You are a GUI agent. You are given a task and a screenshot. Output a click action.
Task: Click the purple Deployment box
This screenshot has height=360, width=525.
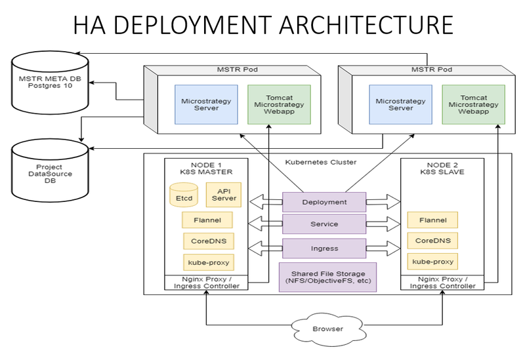click(324, 202)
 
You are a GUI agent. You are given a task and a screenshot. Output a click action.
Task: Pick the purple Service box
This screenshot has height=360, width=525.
click(324, 224)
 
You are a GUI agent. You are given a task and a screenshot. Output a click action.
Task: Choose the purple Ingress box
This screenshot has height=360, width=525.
click(324, 249)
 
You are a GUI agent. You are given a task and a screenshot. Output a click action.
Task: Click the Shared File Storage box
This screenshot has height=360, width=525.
click(323, 276)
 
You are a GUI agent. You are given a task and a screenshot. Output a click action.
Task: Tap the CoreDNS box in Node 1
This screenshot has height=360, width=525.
click(207, 241)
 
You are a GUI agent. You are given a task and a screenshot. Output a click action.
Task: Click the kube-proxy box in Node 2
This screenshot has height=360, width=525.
click(432, 261)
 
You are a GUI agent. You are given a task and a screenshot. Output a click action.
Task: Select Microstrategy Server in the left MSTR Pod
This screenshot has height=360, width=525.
click(205, 104)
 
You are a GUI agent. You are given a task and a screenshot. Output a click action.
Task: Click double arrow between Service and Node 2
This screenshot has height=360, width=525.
click(383, 224)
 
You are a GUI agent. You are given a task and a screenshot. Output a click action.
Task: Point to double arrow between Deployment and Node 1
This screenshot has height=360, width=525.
click(265, 201)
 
